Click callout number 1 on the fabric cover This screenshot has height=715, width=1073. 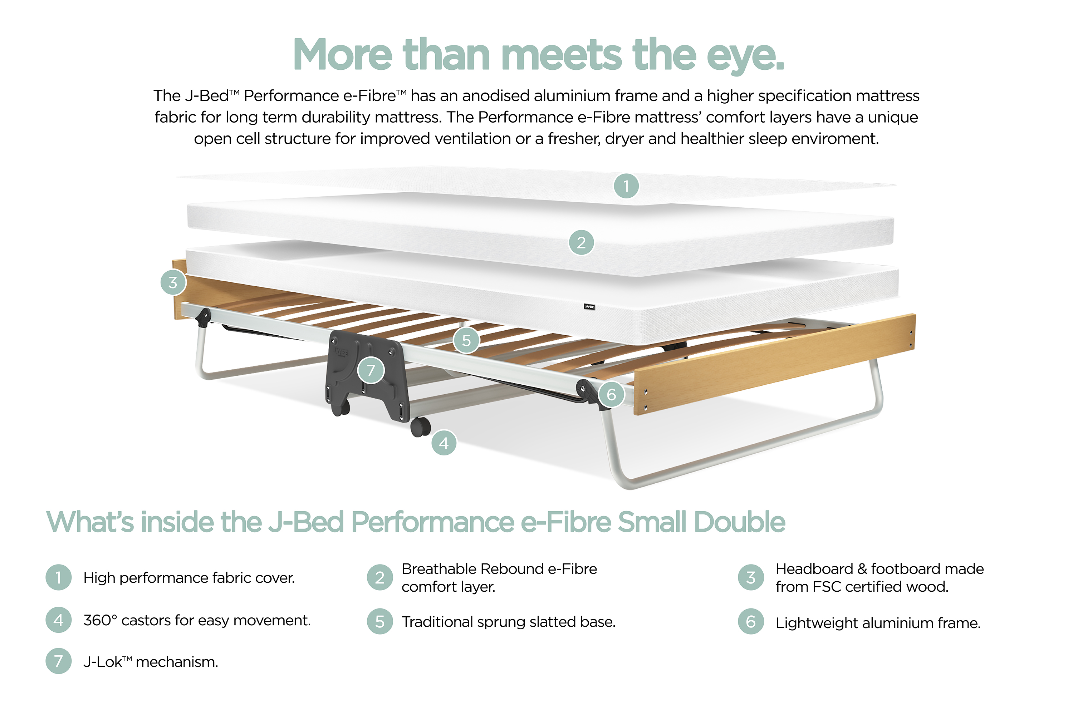(626, 186)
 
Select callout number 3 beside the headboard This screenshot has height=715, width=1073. (173, 282)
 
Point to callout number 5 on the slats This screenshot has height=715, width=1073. (466, 340)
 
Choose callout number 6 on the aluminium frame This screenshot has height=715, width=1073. (611, 394)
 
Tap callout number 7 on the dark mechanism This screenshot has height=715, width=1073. (371, 370)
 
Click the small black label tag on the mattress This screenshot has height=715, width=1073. (589, 307)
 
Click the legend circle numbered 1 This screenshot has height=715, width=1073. (58, 577)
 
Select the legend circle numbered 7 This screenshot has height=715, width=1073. (58, 661)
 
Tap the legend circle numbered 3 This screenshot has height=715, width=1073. (750, 577)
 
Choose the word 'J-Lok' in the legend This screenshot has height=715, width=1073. (103, 662)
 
